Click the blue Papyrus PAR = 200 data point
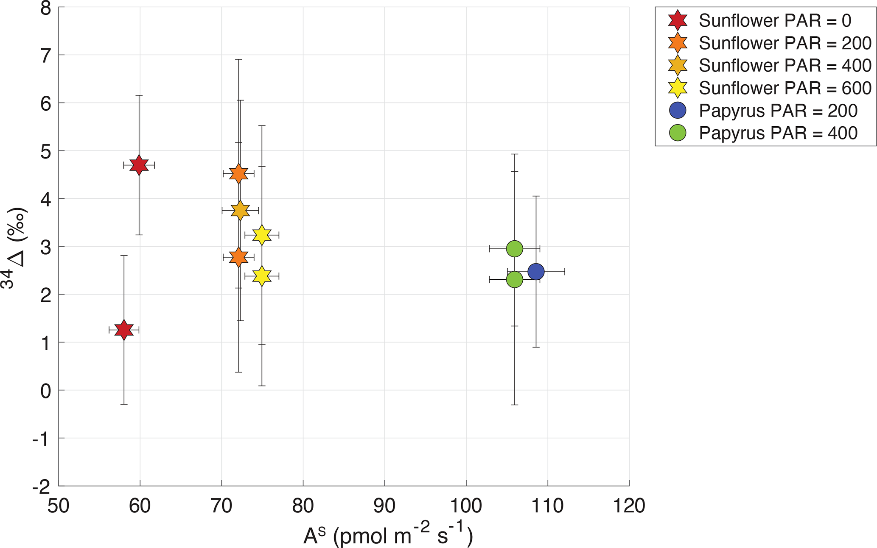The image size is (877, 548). pyautogui.click(x=536, y=272)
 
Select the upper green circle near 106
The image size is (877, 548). pyautogui.click(x=515, y=249)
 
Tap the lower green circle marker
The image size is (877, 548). pyautogui.click(x=515, y=280)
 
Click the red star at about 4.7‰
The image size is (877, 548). pyautogui.click(x=139, y=165)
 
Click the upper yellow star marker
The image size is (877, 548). pyautogui.click(x=262, y=235)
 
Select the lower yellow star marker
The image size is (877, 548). pyautogui.click(x=262, y=276)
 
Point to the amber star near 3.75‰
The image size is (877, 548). pyautogui.click(x=240, y=211)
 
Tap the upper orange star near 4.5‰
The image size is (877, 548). pyautogui.click(x=238, y=174)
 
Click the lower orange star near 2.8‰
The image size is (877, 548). pyautogui.click(x=238, y=257)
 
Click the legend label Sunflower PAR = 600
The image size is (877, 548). pyautogui.click(x=785, y=88)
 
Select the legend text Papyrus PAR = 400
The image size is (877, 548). pyautogui.click(x=778, y=133)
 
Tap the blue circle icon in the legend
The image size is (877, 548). pyautogui.click(x=678, y=110)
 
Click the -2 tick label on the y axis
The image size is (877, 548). pyautogui.click(x=41, y=487)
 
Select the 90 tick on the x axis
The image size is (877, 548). pyautogui.click(x=384, y=506)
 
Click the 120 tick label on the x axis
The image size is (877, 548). pyautogui.click(x=629, y=506)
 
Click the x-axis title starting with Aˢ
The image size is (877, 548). pyautogui.click(x=388, y=535)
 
